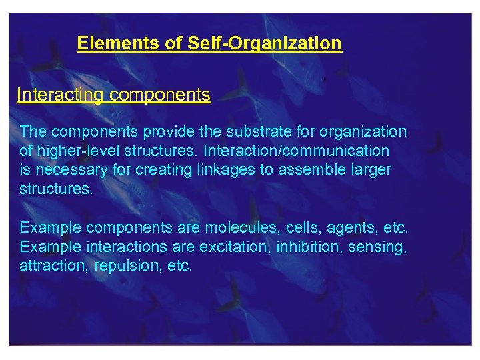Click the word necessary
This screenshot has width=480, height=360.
pos(71,169)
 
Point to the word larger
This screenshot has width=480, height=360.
pos(367,169)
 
